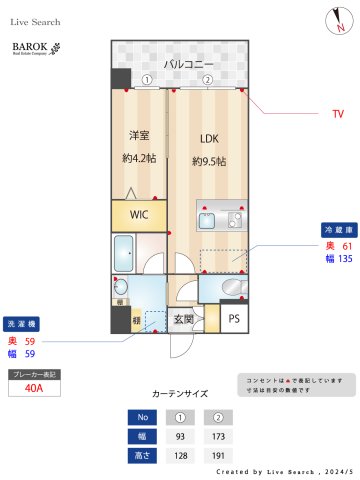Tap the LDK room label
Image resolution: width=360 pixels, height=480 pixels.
208,139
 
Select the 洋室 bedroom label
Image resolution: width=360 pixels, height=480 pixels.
139,136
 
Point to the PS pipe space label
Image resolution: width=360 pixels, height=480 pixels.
234,319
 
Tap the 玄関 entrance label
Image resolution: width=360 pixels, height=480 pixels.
184,320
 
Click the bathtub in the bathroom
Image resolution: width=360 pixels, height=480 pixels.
127,251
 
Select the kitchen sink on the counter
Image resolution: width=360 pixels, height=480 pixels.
236,220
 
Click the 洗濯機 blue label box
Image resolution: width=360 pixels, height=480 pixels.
23,325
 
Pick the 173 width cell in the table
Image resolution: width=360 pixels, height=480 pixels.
215,436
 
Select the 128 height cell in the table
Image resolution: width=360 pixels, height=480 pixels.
181,455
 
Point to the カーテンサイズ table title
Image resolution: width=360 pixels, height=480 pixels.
180,394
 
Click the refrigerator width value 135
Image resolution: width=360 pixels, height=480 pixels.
346,258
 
